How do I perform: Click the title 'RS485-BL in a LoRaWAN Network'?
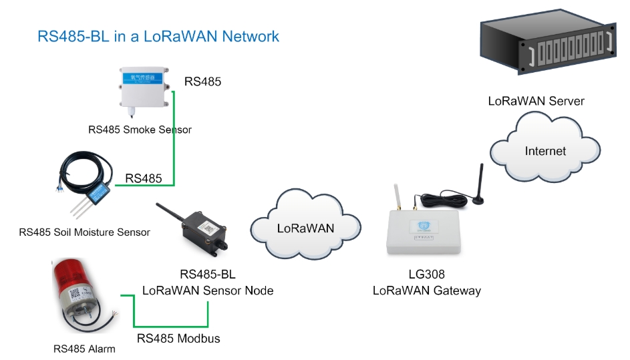pos(158,36)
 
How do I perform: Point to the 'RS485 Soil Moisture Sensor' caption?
pos(85,232)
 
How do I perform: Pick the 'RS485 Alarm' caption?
pos(84,349)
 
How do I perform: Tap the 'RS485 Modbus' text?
pos(178,338)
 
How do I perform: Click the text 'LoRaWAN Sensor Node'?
pos(208,291)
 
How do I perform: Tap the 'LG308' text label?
pos(426,275)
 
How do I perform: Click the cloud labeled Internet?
pos(544,151)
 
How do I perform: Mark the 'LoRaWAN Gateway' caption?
pos(426,291)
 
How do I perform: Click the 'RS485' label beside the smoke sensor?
pos(202,82)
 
